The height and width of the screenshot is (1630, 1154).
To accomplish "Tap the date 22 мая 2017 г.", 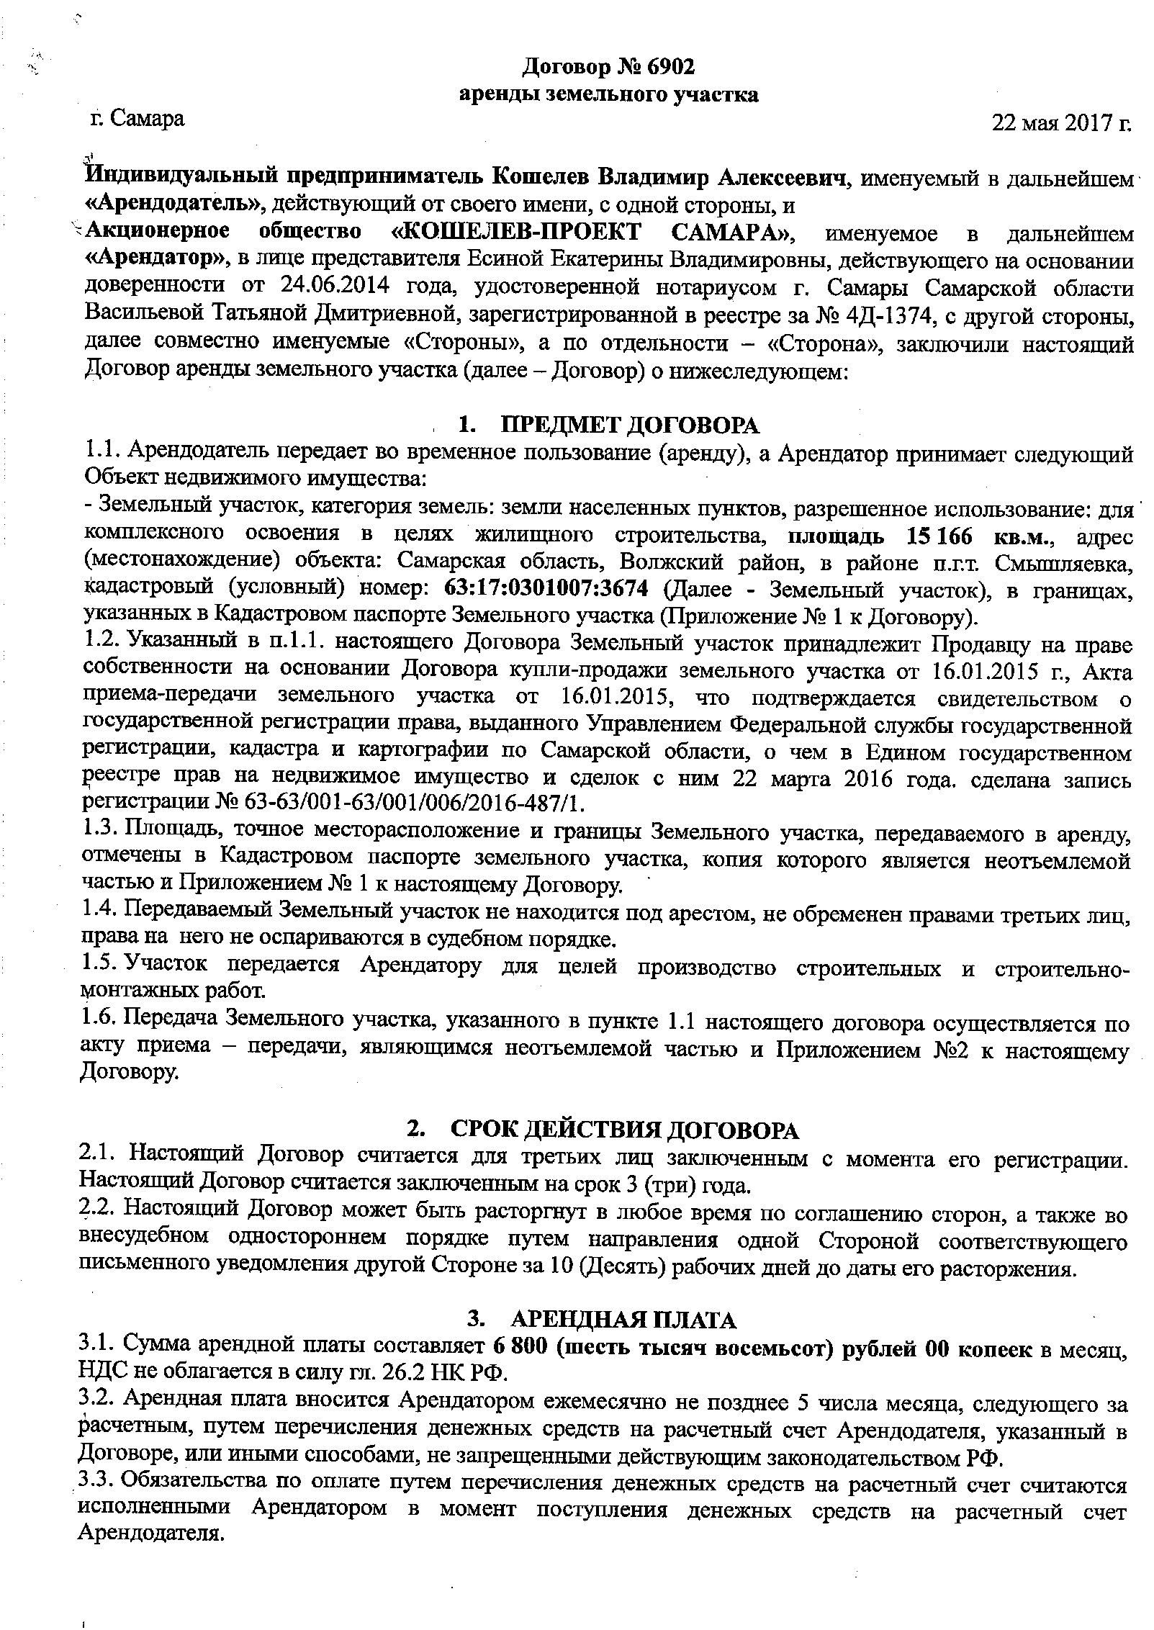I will [x=1061, y=122].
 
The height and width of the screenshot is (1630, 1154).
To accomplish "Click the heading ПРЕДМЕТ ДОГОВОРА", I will [x=630, y=425].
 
